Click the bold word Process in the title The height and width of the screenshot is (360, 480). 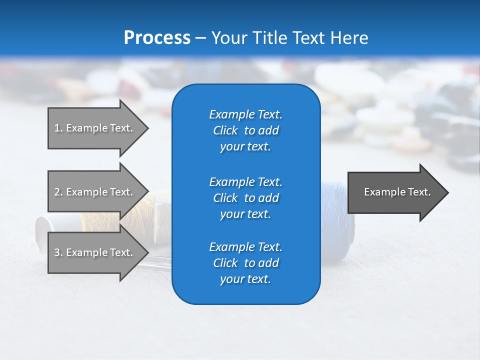tap(156, 38)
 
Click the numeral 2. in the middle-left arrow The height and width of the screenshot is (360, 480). tap(58, 192)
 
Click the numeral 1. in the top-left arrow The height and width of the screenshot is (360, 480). tap(58, 128)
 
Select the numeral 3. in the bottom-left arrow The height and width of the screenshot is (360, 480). tap(58, 252)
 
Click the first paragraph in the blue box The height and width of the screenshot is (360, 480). tap(245, 130)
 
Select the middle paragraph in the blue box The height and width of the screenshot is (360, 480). tap(245, 198)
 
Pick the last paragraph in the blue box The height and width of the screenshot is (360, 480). tap(245, 263)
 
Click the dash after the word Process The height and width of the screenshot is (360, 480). tap(200, 38)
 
